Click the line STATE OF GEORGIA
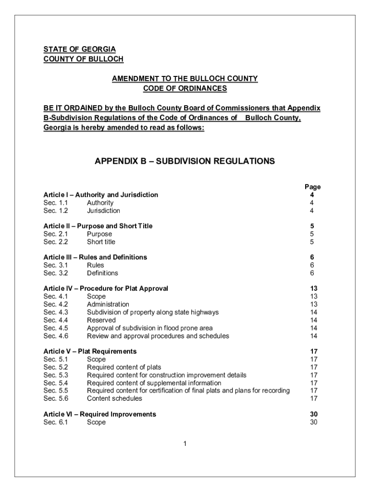click(79, 49)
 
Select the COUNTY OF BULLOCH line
click(83, 59)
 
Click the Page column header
click(312, 187)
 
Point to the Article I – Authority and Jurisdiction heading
click(100, 195)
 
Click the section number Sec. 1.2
click(56, 210)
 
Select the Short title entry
click(101, 242)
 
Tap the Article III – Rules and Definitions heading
click(95, 258)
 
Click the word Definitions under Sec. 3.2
click(102, 273)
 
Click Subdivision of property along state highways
click(152, 312)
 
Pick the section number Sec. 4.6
click(56, 336)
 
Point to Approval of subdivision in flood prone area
click(150, 328)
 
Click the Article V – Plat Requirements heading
click(90, 352)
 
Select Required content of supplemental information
click(154, 383)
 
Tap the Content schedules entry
click(114, 398)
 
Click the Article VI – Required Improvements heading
click(99, 414)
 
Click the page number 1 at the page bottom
click(185, 443)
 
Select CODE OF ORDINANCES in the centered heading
click(185, 88)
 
